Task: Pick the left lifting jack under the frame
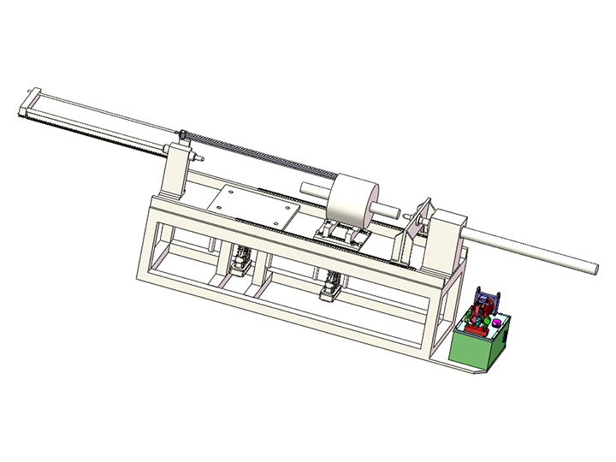coord(242,260)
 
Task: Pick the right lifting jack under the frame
coord(330,286)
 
